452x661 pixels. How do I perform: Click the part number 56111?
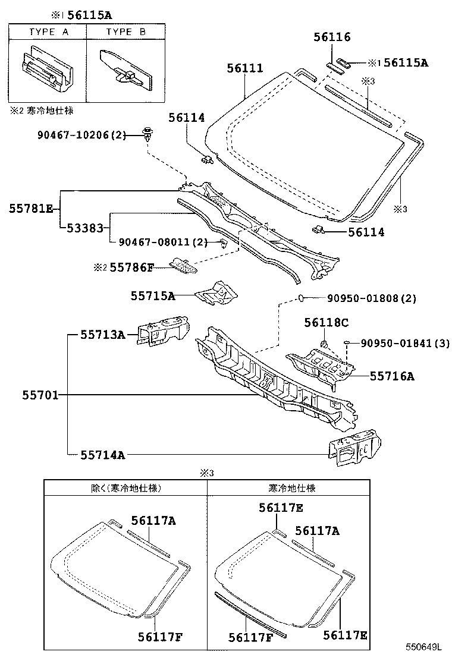coord(244,68)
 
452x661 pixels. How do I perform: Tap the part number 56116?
coord(332,37)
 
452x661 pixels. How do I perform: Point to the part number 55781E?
coord(31,208)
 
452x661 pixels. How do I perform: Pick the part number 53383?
coord(88,228)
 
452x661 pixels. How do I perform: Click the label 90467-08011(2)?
coord(162,242)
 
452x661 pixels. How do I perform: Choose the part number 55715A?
coord(153,295)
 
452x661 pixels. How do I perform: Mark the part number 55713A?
coord(103,335)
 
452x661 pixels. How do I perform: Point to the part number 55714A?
coord(103,455)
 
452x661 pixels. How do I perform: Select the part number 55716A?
coord(392,376)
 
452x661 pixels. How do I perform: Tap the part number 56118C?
coord(325,323)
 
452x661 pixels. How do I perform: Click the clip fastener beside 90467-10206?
coord(146,133)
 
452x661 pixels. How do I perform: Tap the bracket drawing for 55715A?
coord(218,292)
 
